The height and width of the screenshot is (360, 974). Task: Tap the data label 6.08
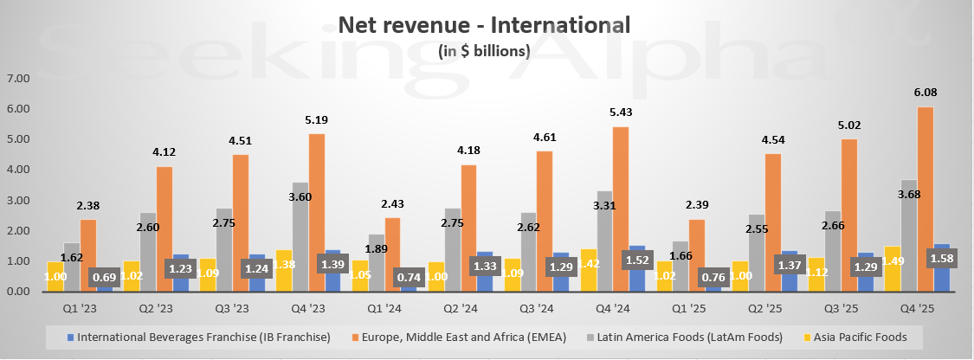[x=925, y=93]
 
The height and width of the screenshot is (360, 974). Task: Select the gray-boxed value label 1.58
[x=941, y=258]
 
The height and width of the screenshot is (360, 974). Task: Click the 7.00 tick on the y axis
[x=17, y=79]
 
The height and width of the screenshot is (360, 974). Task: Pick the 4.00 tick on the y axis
[x=17, y=170]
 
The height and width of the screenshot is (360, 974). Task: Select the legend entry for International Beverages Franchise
[x=198, y=337]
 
